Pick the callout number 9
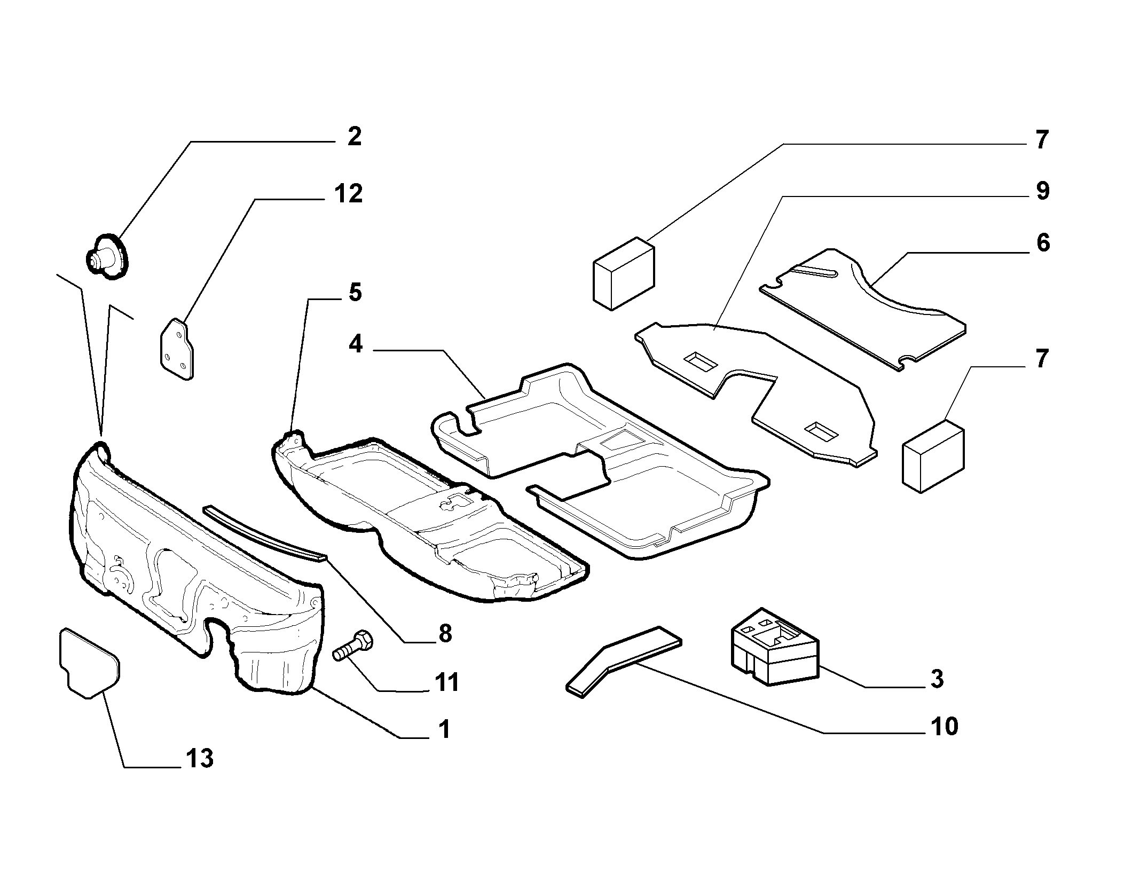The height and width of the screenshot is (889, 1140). [1042, 191]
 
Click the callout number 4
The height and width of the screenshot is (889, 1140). [356, 344]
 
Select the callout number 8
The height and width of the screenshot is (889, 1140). [444, 633]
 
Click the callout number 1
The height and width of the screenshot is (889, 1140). [444, 730]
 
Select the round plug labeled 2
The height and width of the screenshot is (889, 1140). [108, 257]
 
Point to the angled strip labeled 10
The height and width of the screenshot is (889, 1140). [623, 662]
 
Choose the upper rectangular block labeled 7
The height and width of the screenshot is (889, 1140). [624, 273]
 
